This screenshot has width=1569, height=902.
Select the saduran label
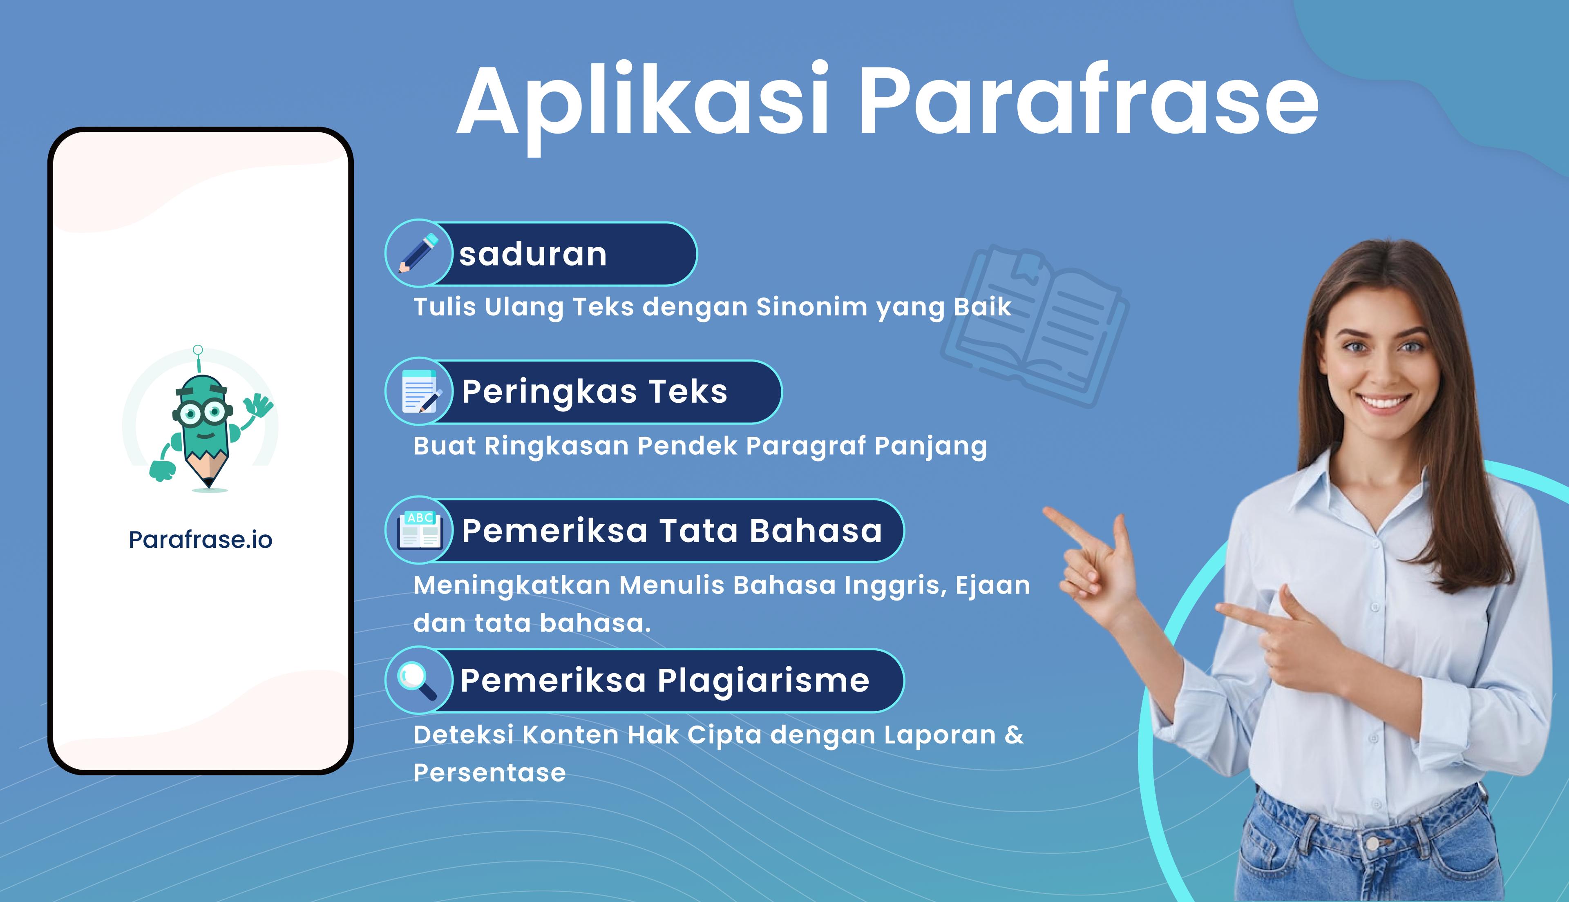(533, 254)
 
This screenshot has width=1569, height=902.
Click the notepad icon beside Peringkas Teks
(420, 391)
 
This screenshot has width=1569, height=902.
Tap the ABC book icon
(419, 530)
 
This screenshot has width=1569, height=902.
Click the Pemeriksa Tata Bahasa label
(672, 531)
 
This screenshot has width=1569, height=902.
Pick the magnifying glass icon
(416, 681)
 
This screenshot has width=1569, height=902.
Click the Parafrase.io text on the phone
(200, 540)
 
